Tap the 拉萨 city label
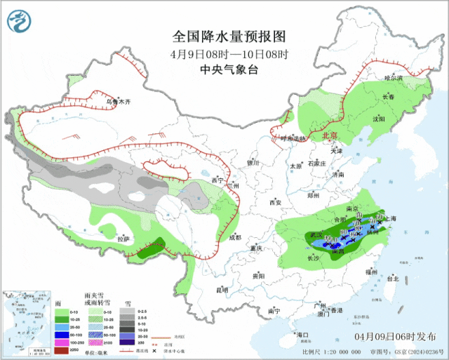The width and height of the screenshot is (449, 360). [123, 239]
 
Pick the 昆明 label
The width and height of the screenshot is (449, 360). [222, 289]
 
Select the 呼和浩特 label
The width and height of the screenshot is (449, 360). [293, 139]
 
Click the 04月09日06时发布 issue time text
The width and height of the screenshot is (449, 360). [398, 338]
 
